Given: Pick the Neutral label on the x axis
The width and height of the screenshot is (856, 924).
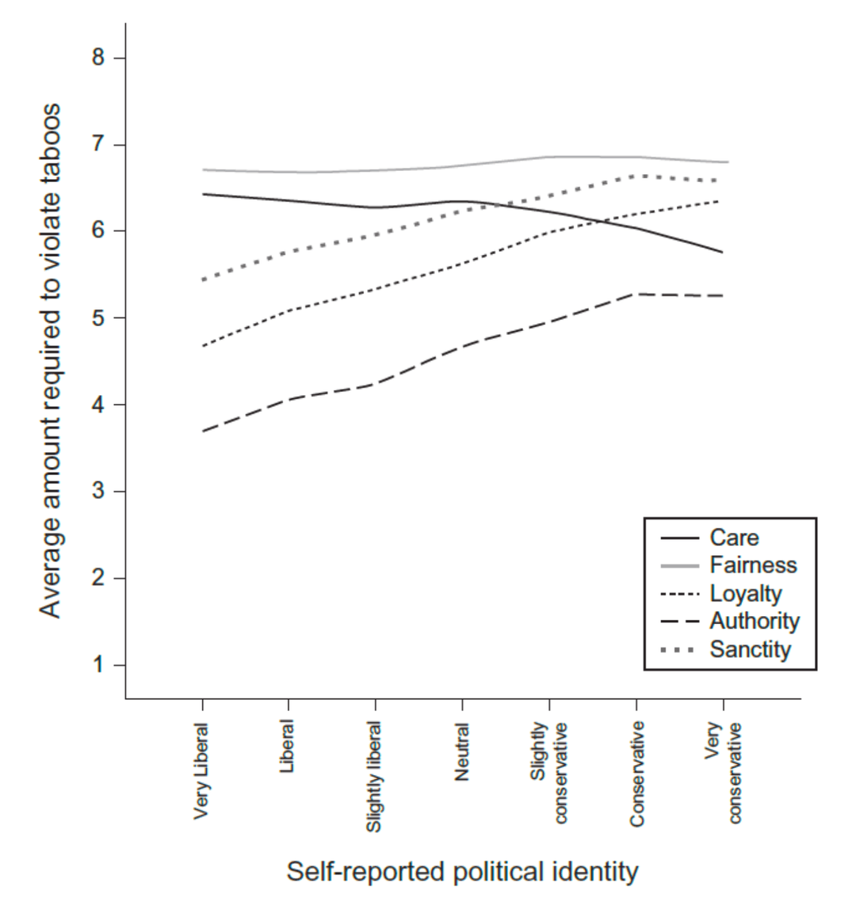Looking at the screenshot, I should tap(462, 752).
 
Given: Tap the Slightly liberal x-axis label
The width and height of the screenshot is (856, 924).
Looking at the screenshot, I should tap(374, 776).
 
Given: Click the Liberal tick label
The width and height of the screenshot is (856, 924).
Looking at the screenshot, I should tap(288, 746).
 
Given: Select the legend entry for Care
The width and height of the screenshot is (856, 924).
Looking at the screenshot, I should tap(734, 538).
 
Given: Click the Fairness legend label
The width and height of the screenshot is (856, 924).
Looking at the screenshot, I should tap(753, 565).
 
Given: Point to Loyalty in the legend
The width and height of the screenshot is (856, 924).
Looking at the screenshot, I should tap(745, 594).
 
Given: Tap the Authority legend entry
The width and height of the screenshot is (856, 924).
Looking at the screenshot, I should tap(754, 622).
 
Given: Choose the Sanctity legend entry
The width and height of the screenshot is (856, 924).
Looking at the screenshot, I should tap(750, 650).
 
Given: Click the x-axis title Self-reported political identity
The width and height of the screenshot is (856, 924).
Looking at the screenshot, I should tap(462, 872).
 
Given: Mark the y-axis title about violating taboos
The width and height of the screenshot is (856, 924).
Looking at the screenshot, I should tap(51, 360).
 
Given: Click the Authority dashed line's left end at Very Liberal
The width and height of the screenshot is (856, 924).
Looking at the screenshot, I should tap(204, 431).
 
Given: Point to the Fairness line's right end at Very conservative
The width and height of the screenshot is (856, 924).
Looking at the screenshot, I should tap(727, 162).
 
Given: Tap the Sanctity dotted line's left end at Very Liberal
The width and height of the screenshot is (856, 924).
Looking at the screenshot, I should tap(204, 280).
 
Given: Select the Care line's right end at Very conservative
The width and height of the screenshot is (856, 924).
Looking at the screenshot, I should tap(722, 252).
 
